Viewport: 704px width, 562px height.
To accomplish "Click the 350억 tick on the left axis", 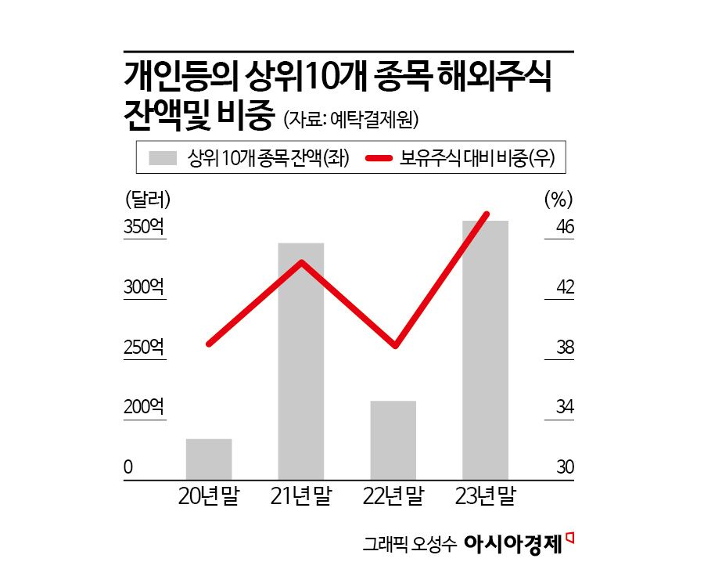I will [145, 227].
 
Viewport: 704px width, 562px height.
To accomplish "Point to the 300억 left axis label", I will [145, 287].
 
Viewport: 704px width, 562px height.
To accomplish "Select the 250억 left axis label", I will [145, 348].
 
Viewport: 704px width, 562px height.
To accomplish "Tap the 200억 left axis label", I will [145, 407].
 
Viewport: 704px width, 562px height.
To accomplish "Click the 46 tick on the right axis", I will [565, 227].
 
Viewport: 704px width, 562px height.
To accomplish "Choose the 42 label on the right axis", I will [565, 287].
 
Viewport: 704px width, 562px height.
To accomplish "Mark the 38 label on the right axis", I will [565, 348].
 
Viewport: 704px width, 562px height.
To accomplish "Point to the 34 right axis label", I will [565, 407].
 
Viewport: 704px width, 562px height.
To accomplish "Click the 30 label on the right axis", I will [565, 467].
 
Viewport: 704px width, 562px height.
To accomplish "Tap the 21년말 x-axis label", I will [301, 495].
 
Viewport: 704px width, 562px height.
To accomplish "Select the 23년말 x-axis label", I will [486, 495].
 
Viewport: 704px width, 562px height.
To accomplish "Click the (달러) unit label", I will [148, 199].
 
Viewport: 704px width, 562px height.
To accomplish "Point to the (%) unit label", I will [559, 199].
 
